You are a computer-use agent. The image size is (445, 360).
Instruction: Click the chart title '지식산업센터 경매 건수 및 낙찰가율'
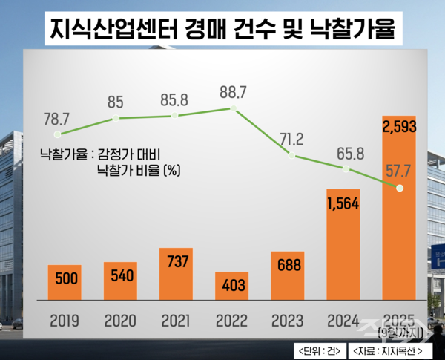tap(222, 27)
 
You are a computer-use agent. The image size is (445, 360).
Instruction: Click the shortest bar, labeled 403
tap(232, 284)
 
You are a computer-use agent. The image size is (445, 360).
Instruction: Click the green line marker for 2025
tap(400, 188)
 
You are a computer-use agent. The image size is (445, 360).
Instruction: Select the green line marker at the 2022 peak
tap(232, 108)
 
